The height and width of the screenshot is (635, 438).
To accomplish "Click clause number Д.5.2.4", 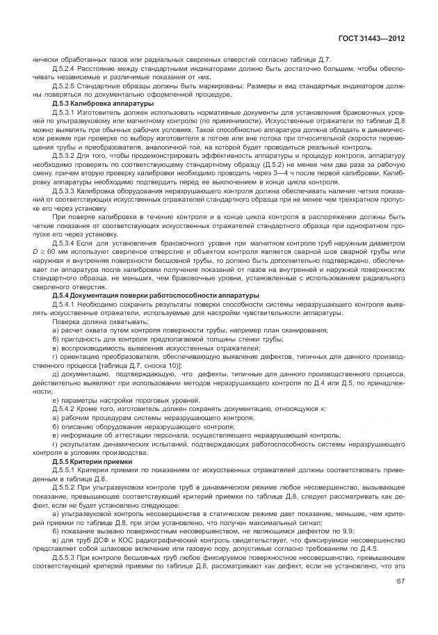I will click(x=65, y=69).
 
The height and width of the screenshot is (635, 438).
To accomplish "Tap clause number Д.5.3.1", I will click(x=65, y=112).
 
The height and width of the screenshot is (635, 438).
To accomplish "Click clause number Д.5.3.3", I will click(x=65, y=190).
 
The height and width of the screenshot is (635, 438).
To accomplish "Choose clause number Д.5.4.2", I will click(x=65, y=409).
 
